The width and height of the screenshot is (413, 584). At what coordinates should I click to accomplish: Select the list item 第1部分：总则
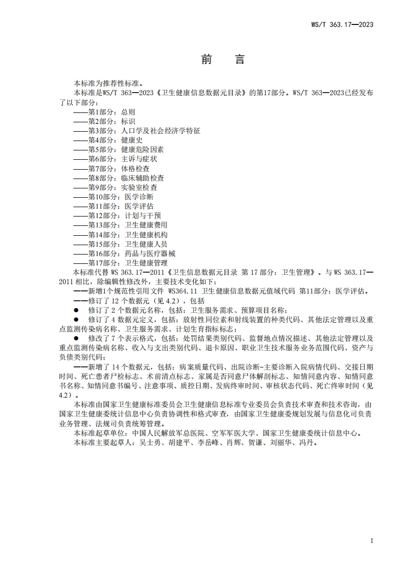(x=104, y=112)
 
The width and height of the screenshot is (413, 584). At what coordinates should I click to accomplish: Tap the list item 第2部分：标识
(x=104, y=121)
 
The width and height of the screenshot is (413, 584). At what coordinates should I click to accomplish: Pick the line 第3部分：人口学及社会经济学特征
(x=136, y=131)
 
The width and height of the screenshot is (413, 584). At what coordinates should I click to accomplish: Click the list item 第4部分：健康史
(x=108, y=140)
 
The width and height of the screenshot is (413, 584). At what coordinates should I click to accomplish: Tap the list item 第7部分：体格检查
(x=111, y=169)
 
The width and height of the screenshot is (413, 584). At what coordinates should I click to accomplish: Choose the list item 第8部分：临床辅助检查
(x=118, y=178)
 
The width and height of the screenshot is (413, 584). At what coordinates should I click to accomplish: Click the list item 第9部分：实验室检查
(x=115, y=187)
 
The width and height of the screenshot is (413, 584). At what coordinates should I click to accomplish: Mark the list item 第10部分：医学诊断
(x=114, y=197)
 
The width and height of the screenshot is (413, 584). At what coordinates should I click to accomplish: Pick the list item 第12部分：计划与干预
(x=117, y=216)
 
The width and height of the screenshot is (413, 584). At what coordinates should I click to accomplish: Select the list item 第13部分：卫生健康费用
(x=120, y=225)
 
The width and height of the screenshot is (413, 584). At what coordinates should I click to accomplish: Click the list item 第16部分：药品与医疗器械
(x=124, y=254)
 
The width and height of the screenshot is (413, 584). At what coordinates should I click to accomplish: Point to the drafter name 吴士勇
(x=146, y=443)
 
